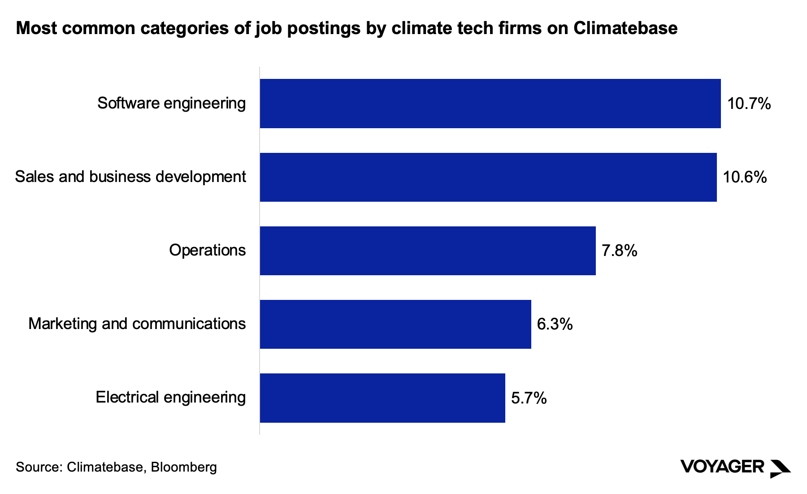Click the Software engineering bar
coord(490,104)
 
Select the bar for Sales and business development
coord(488,177)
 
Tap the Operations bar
coord(428,251)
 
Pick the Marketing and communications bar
coord(395,324)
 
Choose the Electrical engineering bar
coord(382,398)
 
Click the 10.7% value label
coord(749,104)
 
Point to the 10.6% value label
coord(745,178)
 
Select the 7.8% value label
coord(619,251)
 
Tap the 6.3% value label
coord(555,324)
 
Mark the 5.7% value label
coord(529,398)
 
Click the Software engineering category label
coord(171,104)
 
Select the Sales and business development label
coord(130,177)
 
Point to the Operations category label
coord(207,250)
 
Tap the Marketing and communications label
coord(137,324)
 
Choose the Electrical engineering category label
coord(170,397)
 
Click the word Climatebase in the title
coord(625,28)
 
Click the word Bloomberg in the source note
coord(183,467)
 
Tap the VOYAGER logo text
coord(722,467)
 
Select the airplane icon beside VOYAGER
coord(780,468)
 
